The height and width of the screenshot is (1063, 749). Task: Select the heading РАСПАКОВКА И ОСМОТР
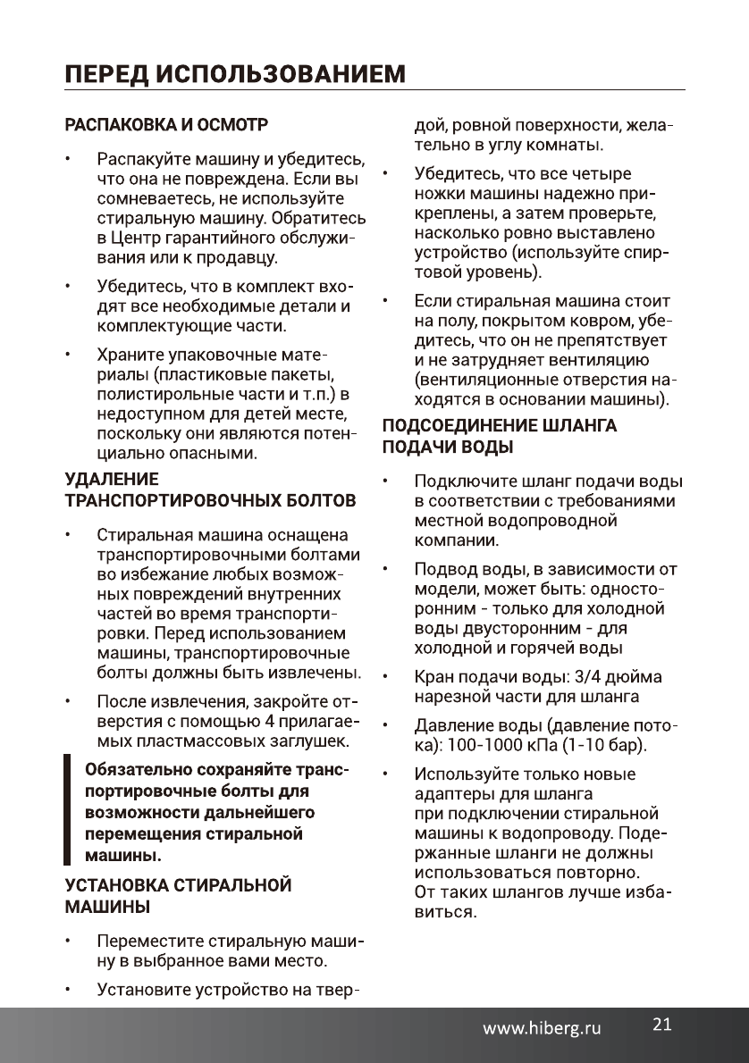click(167, 121)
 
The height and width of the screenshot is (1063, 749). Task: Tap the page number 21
click(661, 1024)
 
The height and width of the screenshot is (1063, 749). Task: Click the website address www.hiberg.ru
click(543, 1028)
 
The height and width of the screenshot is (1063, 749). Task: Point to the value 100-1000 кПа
click(506, 743)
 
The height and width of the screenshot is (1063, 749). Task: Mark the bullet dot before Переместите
click(66, 942)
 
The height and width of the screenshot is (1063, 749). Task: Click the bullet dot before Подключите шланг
click(385, 482)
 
